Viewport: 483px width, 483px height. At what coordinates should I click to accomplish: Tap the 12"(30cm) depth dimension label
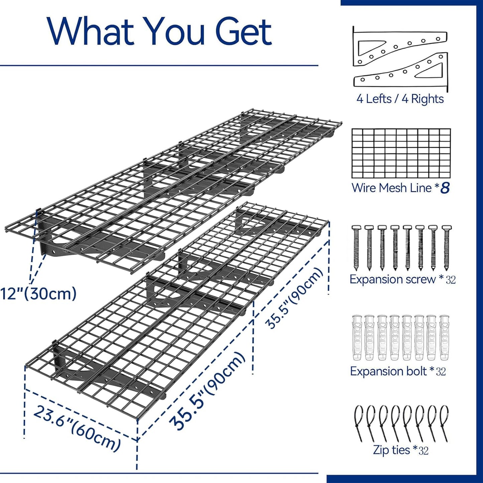click(x=38, y=294)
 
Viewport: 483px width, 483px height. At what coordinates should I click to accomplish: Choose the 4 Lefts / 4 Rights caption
click(x=400, y=99)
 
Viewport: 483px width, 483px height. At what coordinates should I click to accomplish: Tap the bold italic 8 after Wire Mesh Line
click(x=445, y=188)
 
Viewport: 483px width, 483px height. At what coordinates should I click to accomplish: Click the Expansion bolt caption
click(x=388, y=371)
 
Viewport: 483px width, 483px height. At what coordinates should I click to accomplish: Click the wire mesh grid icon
click(x=401, y=153)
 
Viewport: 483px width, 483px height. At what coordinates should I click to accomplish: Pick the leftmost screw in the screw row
click(x=356, y=247)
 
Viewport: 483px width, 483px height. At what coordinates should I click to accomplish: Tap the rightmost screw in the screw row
click(x=446, y=247)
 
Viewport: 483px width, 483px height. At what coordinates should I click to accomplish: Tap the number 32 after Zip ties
click(x=424, y=451)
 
